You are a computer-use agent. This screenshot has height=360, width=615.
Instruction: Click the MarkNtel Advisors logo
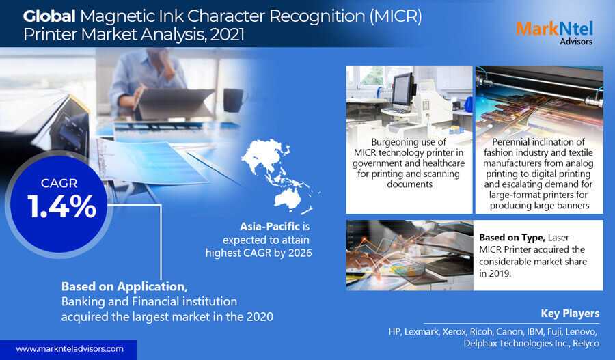coord(554,33)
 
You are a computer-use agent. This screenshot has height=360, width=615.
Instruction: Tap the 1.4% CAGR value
coord(62,206)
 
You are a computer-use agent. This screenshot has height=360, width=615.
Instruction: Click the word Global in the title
coord(49,16)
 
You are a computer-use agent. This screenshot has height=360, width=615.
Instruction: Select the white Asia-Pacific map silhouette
coord(280,176)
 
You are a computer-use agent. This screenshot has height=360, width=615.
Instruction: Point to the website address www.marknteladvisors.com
coord(70,349)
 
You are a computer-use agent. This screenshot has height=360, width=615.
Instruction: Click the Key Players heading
coord(570,314)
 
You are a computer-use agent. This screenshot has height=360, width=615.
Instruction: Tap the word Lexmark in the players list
coord(421,332)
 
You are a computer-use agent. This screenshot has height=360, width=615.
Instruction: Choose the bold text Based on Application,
coord(124,287)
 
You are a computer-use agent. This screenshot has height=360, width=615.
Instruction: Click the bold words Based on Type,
coord(512,238)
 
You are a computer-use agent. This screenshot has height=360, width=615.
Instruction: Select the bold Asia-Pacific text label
coord(270,226)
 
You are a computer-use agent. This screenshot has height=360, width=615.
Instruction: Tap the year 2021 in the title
coord(228,35)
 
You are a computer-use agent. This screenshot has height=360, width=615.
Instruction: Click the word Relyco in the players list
coord(586,344)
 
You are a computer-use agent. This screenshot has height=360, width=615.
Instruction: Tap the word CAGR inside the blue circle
coord(59,183)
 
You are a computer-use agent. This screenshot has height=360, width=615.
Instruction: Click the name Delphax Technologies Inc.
coord(517,343)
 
